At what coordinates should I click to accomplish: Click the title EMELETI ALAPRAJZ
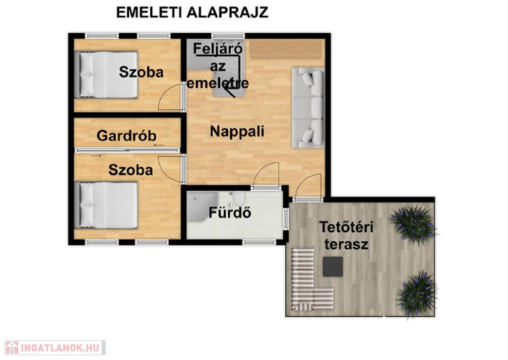192,12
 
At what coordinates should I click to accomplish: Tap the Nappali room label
237,132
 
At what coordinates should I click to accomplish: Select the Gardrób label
127,136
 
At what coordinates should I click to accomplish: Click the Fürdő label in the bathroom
230,213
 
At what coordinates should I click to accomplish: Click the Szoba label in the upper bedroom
141,72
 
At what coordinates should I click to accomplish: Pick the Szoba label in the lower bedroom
130,170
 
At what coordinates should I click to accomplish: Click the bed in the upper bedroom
106,74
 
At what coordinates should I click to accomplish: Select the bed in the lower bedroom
106,205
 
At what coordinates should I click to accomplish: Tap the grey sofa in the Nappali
308,107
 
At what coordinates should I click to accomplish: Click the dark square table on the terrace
333,267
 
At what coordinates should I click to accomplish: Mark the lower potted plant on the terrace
417,293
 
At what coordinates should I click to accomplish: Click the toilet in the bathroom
239,198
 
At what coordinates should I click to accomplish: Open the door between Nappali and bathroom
266,175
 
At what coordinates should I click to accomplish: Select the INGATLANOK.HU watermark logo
55,348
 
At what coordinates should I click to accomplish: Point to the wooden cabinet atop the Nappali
287,49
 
